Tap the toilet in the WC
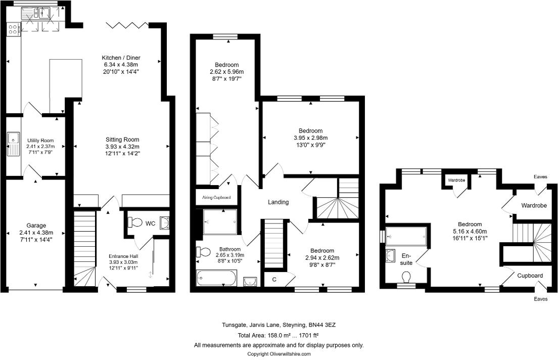tap(135, 222)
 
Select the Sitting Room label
tap(122, 140)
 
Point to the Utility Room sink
tap(12, 138)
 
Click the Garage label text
tap(36, 226)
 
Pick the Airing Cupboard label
tap(216, 198)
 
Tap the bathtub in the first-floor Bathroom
tap(216, 278)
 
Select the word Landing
tap(278, 202)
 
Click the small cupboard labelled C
tap(274, 279)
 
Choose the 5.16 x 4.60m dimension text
tap(470, 232)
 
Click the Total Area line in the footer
tap(278, 335)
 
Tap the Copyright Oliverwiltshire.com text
tap(278, 354)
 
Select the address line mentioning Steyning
tap(278, 325)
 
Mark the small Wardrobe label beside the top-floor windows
tap(456, 180)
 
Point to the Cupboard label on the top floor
tap(530, 276)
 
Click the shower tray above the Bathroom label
tap(220, 221)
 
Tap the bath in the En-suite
tap(406, 236)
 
